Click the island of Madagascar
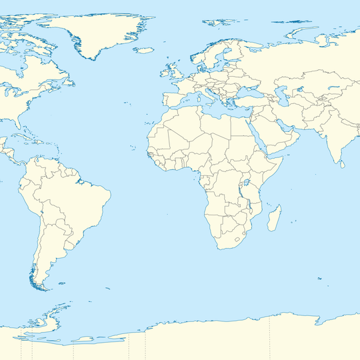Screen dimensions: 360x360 (274, 219)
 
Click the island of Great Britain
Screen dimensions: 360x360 (175, 69)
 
